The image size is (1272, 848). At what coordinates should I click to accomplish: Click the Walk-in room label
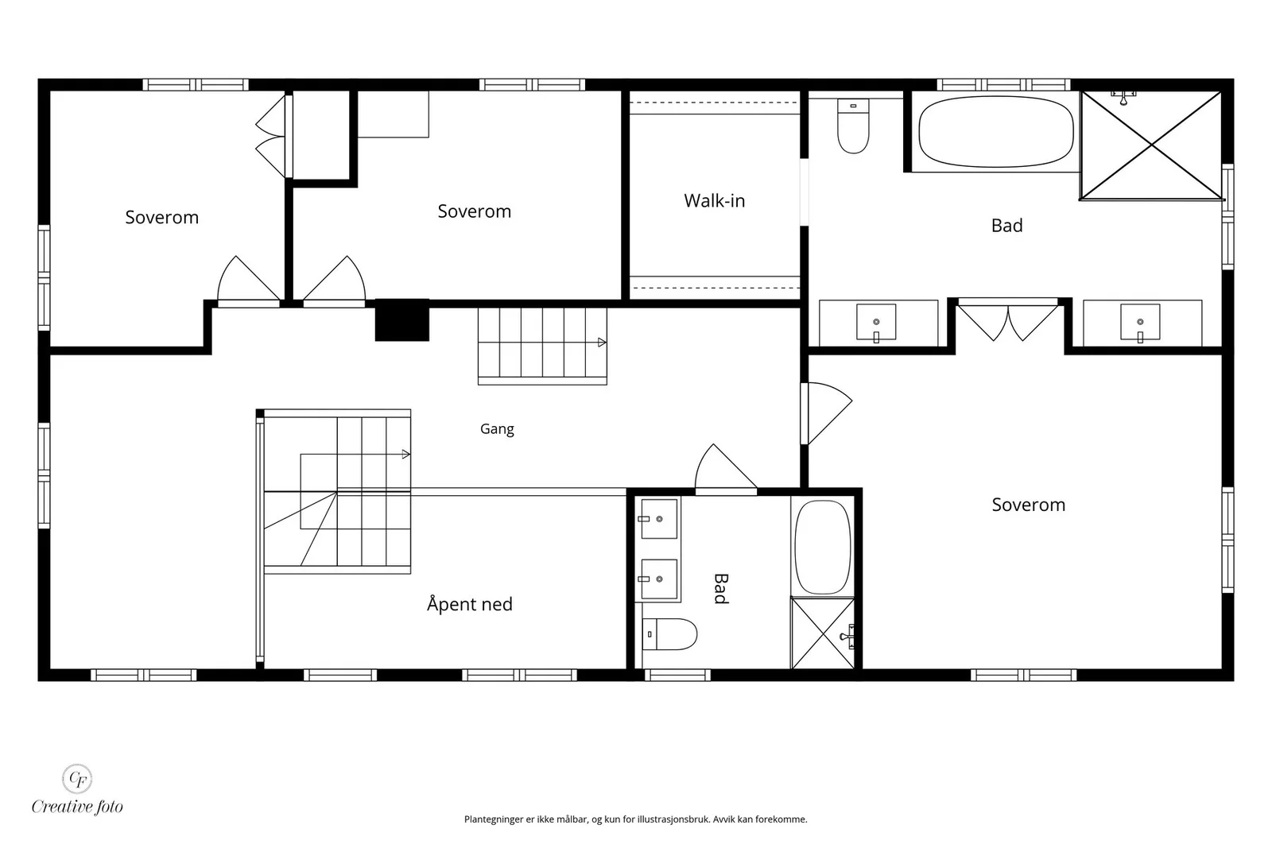point(715,200)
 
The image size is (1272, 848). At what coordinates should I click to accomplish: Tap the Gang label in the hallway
point(497,429)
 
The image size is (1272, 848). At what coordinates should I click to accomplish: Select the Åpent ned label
point(470,603)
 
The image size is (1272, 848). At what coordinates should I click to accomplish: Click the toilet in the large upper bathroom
point(853,126)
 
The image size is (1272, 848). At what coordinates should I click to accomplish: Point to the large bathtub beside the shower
point(996,132)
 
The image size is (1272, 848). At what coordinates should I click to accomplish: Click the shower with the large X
point(1151,146)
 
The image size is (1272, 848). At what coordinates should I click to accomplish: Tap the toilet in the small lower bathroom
point(669,634)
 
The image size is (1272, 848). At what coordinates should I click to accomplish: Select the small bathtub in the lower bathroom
point(822,547)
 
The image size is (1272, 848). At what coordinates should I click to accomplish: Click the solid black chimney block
point(402,320)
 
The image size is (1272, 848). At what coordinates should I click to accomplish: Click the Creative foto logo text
point(77,807)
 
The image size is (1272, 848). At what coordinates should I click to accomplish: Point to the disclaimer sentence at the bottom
point(635,819)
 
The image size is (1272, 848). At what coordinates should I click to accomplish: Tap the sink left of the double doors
point(876,323)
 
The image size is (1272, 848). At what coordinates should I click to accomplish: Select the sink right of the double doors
point(1140,323)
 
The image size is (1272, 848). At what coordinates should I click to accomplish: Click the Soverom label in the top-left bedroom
point(162,218)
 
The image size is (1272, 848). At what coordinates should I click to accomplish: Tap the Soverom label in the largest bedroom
point(1029,505)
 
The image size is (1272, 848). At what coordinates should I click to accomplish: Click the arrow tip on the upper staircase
point(605,343)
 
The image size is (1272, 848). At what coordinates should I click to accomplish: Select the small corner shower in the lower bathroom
point(823,633)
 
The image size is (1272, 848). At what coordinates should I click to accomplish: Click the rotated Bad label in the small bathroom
point(720,589)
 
